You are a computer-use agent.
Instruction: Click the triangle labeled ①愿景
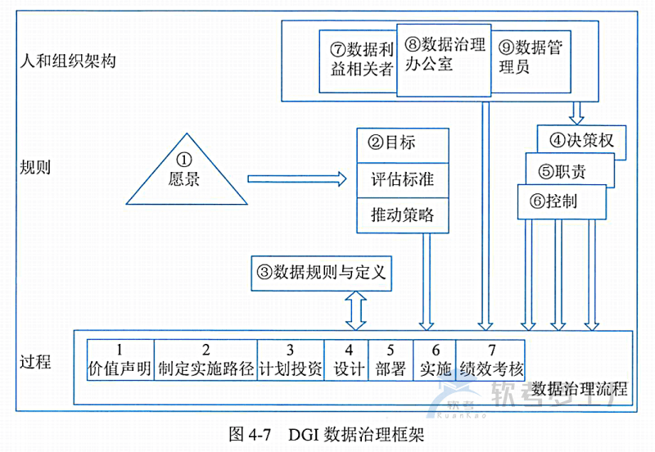point(186,172)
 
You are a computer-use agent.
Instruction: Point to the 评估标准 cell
point(404,180)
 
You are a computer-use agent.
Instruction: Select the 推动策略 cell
point(404,216)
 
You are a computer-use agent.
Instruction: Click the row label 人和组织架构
point(69,61)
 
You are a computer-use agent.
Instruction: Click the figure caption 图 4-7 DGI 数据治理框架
point(327,434)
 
